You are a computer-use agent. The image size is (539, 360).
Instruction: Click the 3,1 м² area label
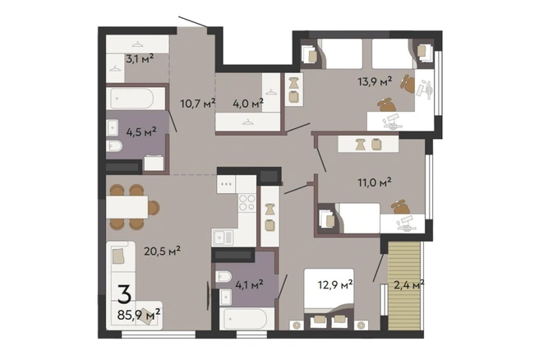point(140,59)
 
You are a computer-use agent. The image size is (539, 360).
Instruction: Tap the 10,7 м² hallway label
point(198,103)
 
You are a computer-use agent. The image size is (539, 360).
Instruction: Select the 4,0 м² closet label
point(248,103)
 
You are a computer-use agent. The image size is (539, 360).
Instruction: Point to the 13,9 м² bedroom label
point(375,81)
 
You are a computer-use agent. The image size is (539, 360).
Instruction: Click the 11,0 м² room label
point(375,182)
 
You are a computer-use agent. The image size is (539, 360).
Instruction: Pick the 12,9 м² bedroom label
point(335,284)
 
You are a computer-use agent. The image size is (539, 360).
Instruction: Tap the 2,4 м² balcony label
point(408,284)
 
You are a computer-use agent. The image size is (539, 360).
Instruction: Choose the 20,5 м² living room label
point(162,251)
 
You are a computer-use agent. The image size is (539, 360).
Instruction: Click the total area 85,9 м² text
point(139,314)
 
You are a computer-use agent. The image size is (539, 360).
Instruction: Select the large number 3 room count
point(124,294)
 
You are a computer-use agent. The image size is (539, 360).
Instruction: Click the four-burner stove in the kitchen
point(247,202)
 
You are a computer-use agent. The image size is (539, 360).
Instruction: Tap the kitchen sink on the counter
point(223,238)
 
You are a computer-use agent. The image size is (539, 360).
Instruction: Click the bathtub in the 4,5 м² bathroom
point(132,99)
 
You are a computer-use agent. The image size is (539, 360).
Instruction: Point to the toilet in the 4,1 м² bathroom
point(223,276)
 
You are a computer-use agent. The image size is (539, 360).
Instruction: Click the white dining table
point(127,207)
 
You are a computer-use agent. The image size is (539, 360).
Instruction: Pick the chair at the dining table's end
point(154,207)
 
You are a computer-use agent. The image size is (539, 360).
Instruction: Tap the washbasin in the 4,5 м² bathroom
point(113,127)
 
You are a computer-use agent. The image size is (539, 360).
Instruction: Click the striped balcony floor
point(404,286)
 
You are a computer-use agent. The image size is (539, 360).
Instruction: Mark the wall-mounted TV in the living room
point(208,296)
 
